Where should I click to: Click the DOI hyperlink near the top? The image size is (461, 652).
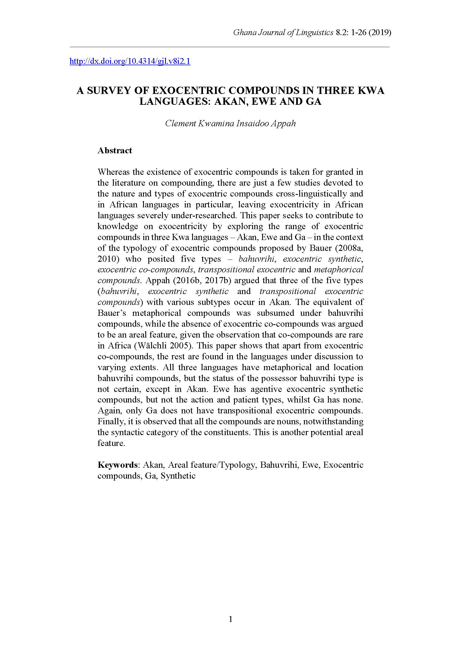[x=130, y=61]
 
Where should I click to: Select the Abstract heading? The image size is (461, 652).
[x=115, y=150]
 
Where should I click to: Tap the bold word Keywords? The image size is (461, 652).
[x=117, y=465]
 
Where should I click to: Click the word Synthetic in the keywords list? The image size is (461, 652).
[x=178, y=476]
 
